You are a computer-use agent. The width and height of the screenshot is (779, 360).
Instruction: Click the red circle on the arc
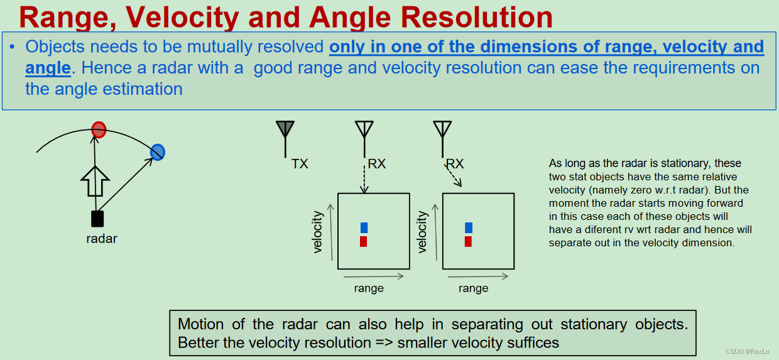99,130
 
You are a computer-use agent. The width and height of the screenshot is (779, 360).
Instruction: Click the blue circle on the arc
158,151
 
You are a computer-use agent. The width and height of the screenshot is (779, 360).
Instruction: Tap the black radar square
97,219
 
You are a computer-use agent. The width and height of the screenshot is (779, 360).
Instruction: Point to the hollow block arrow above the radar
95,182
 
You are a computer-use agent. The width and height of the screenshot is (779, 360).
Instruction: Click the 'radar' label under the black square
102,239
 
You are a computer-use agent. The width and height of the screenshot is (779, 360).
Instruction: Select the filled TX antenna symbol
285,129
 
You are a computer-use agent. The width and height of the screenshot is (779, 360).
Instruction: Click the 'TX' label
300,164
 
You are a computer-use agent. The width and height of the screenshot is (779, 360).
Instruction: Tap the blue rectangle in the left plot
364,227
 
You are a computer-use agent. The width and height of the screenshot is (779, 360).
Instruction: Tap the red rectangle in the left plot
364,241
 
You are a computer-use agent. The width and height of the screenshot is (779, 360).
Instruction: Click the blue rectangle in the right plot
469,227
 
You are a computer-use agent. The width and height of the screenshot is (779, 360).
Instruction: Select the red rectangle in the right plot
469,241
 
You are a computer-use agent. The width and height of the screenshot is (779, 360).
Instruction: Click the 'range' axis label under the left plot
369,288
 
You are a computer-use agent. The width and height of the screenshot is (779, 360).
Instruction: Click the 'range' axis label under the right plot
473,288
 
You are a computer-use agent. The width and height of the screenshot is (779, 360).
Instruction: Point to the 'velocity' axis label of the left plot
318,232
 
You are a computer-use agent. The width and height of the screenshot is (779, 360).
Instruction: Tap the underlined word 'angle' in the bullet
46,67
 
